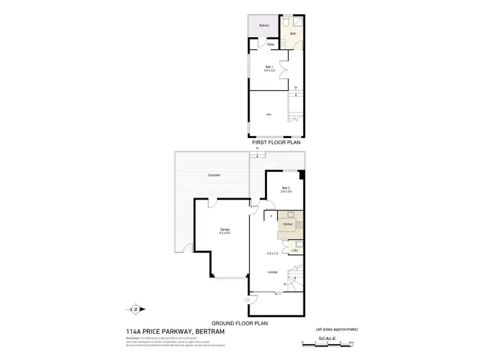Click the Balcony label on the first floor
coord(264,25)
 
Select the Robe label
coord(271,44)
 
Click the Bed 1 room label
coord(270,67)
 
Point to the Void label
coord(269,114)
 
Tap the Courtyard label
coord(214,175)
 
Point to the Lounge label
coord(273,272)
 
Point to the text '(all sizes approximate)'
coord(337,329)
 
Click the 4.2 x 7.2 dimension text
coord(274,254)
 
